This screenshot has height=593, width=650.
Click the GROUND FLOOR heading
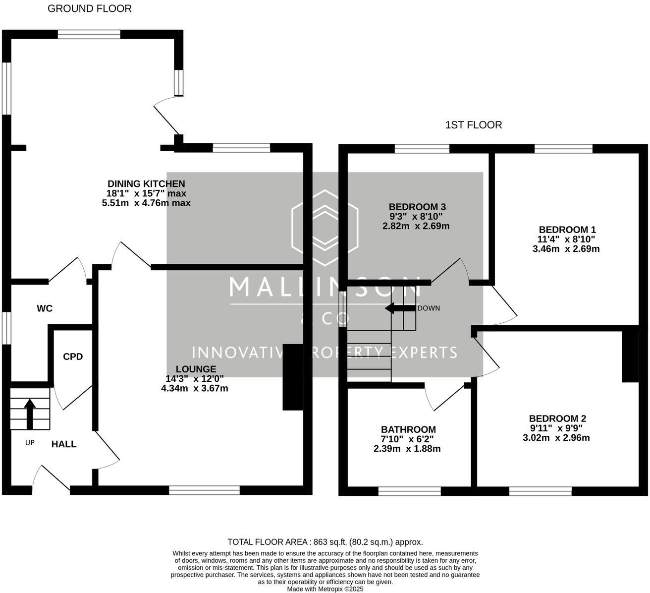pyautogui.click(x=90, y=9)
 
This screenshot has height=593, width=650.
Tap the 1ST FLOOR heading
pyautogui.click(x=474, y=125)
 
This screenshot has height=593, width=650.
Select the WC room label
pyautogui.click(x=45, y=308)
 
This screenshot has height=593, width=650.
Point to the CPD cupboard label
pyautogui.click(x=73, y=356)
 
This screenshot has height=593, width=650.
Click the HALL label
pyautogui.click(x=64, y=444)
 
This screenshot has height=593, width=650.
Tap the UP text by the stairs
pyautogui.click(x=30, y=443)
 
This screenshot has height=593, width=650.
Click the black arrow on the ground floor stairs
pyautogui.click(x=30, y=414)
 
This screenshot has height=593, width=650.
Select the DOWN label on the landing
pyautogui.click(x=429, y=308)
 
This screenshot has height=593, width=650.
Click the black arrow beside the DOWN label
pyautogui.click(x=400, y=308)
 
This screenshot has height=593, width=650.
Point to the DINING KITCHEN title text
pyautogui.click(x=146, y=183)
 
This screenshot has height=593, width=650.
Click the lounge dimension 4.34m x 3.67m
pyautogui.click(x=194, y=388)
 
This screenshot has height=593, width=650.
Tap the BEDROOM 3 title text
pyautogui.click(x=417, y=207)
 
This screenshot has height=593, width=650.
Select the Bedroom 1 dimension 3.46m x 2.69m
pyautogui.click(x=566, y=249)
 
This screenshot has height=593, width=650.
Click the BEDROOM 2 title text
pyautogui.click(x=558, y=418)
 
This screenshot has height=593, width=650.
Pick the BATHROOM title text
pyautogui.click(x=408, y=429)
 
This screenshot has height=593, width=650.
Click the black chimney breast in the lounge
pyautogui.click(x=293, y=377)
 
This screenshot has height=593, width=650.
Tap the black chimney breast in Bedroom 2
pyautogui.click(x=630, y=356)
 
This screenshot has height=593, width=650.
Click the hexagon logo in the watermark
pyautogui.click(x=325, y=228)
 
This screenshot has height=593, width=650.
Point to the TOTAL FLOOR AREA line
pyautogui.click(x=325, y=542)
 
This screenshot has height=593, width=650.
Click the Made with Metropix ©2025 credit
pyautogui.click(x=325, y=589)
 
